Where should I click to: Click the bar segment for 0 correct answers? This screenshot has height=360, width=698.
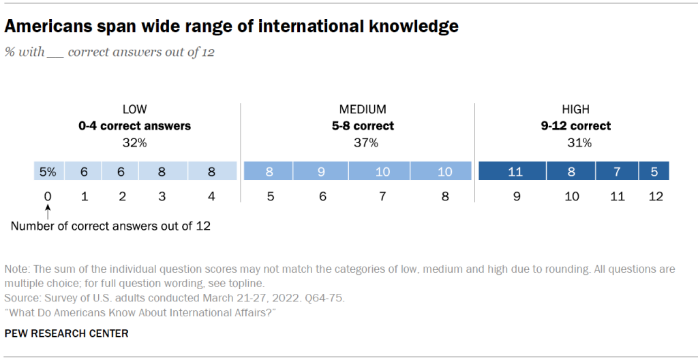pyautogui.click(x=48, y=171)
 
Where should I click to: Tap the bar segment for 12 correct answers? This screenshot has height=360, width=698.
pyautogui.click(x=654, y=171)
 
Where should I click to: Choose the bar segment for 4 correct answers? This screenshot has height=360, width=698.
pyautogui.click(x=213, y=171)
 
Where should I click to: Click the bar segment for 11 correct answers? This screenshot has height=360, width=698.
pyautogui.click(x=618, y=171)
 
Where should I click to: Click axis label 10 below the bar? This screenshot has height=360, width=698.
pyautogui.click(x=572, y=197)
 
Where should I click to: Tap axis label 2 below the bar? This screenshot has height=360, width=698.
pyautogui.click(x=121, y=197)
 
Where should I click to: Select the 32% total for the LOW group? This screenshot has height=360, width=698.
pyautogui.click(x=134, y=143)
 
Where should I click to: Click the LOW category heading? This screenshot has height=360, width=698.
pyautogui.click(x=134, y=109)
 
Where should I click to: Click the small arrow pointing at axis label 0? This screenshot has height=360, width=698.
pyautogui.click(x=48, y=213)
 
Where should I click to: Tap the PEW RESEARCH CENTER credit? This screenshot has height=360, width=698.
pyautogui.click(x=66, y=333)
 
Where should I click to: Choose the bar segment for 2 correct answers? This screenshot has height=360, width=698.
pyautogui.click(x=121, y=171)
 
